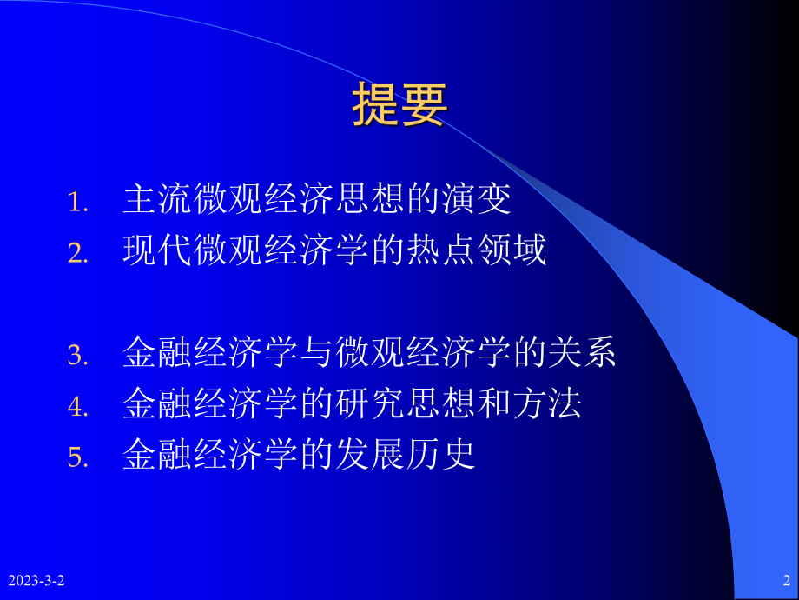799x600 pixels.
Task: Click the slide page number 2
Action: coord(785,580)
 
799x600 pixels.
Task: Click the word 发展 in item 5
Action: coord(369,455)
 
